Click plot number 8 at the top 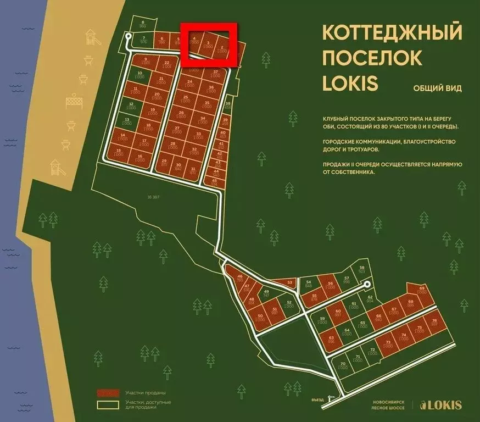coord(142,24)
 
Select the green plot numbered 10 coord(140,75)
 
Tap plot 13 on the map coord(127,121)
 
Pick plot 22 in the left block coord(166,64)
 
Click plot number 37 coord(216,74)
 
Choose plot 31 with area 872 coord(193,171)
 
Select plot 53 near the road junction coord(290,282)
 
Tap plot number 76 coord(434,322)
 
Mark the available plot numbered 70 coord(343,367)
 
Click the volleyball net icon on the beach coord(74,101)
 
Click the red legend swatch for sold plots coord(108,393)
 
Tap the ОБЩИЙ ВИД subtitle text coord(437,88)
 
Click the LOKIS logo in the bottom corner coord(440,406)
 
